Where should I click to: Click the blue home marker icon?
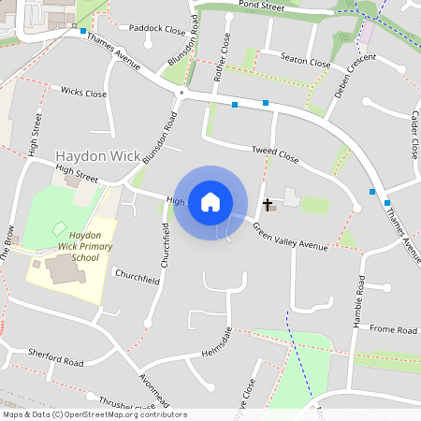[x=210, y=201]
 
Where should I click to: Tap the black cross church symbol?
[x=267, y=204]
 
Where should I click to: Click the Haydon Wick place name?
[x=98, y=155]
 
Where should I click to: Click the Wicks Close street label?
[x=83, y=93]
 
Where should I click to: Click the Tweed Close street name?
[x=274, y=155]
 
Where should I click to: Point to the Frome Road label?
[x=393, y=329]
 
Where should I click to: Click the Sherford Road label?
[x=55, y=357]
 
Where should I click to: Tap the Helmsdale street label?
[x=217, y=342]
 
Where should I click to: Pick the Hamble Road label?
[x=357, y=303]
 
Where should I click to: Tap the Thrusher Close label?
[x=125, y=402]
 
